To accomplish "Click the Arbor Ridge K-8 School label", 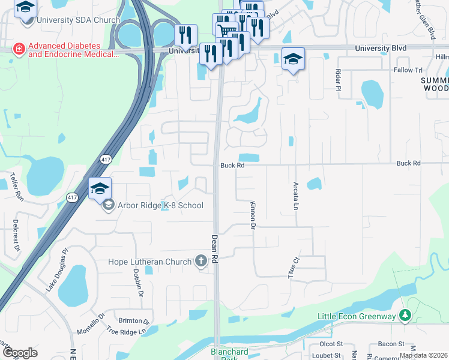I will point(160,206).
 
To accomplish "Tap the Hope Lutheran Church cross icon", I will point(202,261).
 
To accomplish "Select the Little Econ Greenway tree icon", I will point(405,315).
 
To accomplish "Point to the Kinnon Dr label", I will point(253,215).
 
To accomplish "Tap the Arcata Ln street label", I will point(295,196).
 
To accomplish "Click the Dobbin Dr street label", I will point(139,283).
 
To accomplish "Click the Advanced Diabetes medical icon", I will point(19,49).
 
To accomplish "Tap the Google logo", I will point(19,353).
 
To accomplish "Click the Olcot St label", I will point(331,344).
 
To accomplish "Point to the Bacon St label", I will point(391,344).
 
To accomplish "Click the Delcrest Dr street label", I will point(16,235).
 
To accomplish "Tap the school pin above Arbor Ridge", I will point(100,189).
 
